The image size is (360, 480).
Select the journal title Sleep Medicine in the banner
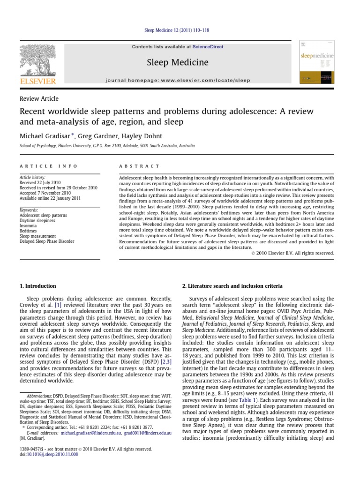tap(178, 62)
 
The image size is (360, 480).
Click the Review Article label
tap(39, 98)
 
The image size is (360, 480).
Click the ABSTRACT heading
tap(140, 166)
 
